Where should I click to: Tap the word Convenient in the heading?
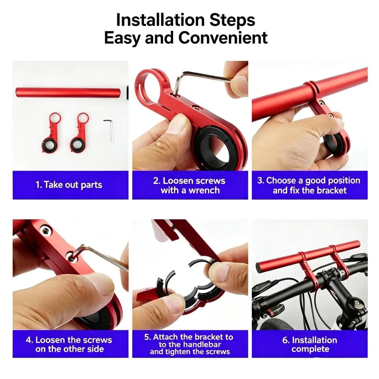223,38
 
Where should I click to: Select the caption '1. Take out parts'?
69,185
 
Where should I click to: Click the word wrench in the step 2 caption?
204,191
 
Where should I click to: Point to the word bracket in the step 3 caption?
332,191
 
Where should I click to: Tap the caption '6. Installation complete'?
310,345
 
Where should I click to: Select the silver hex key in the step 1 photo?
109,130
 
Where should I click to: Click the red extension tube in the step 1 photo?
68,93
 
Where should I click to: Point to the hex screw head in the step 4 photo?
45,230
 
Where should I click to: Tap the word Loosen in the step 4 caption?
50,340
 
